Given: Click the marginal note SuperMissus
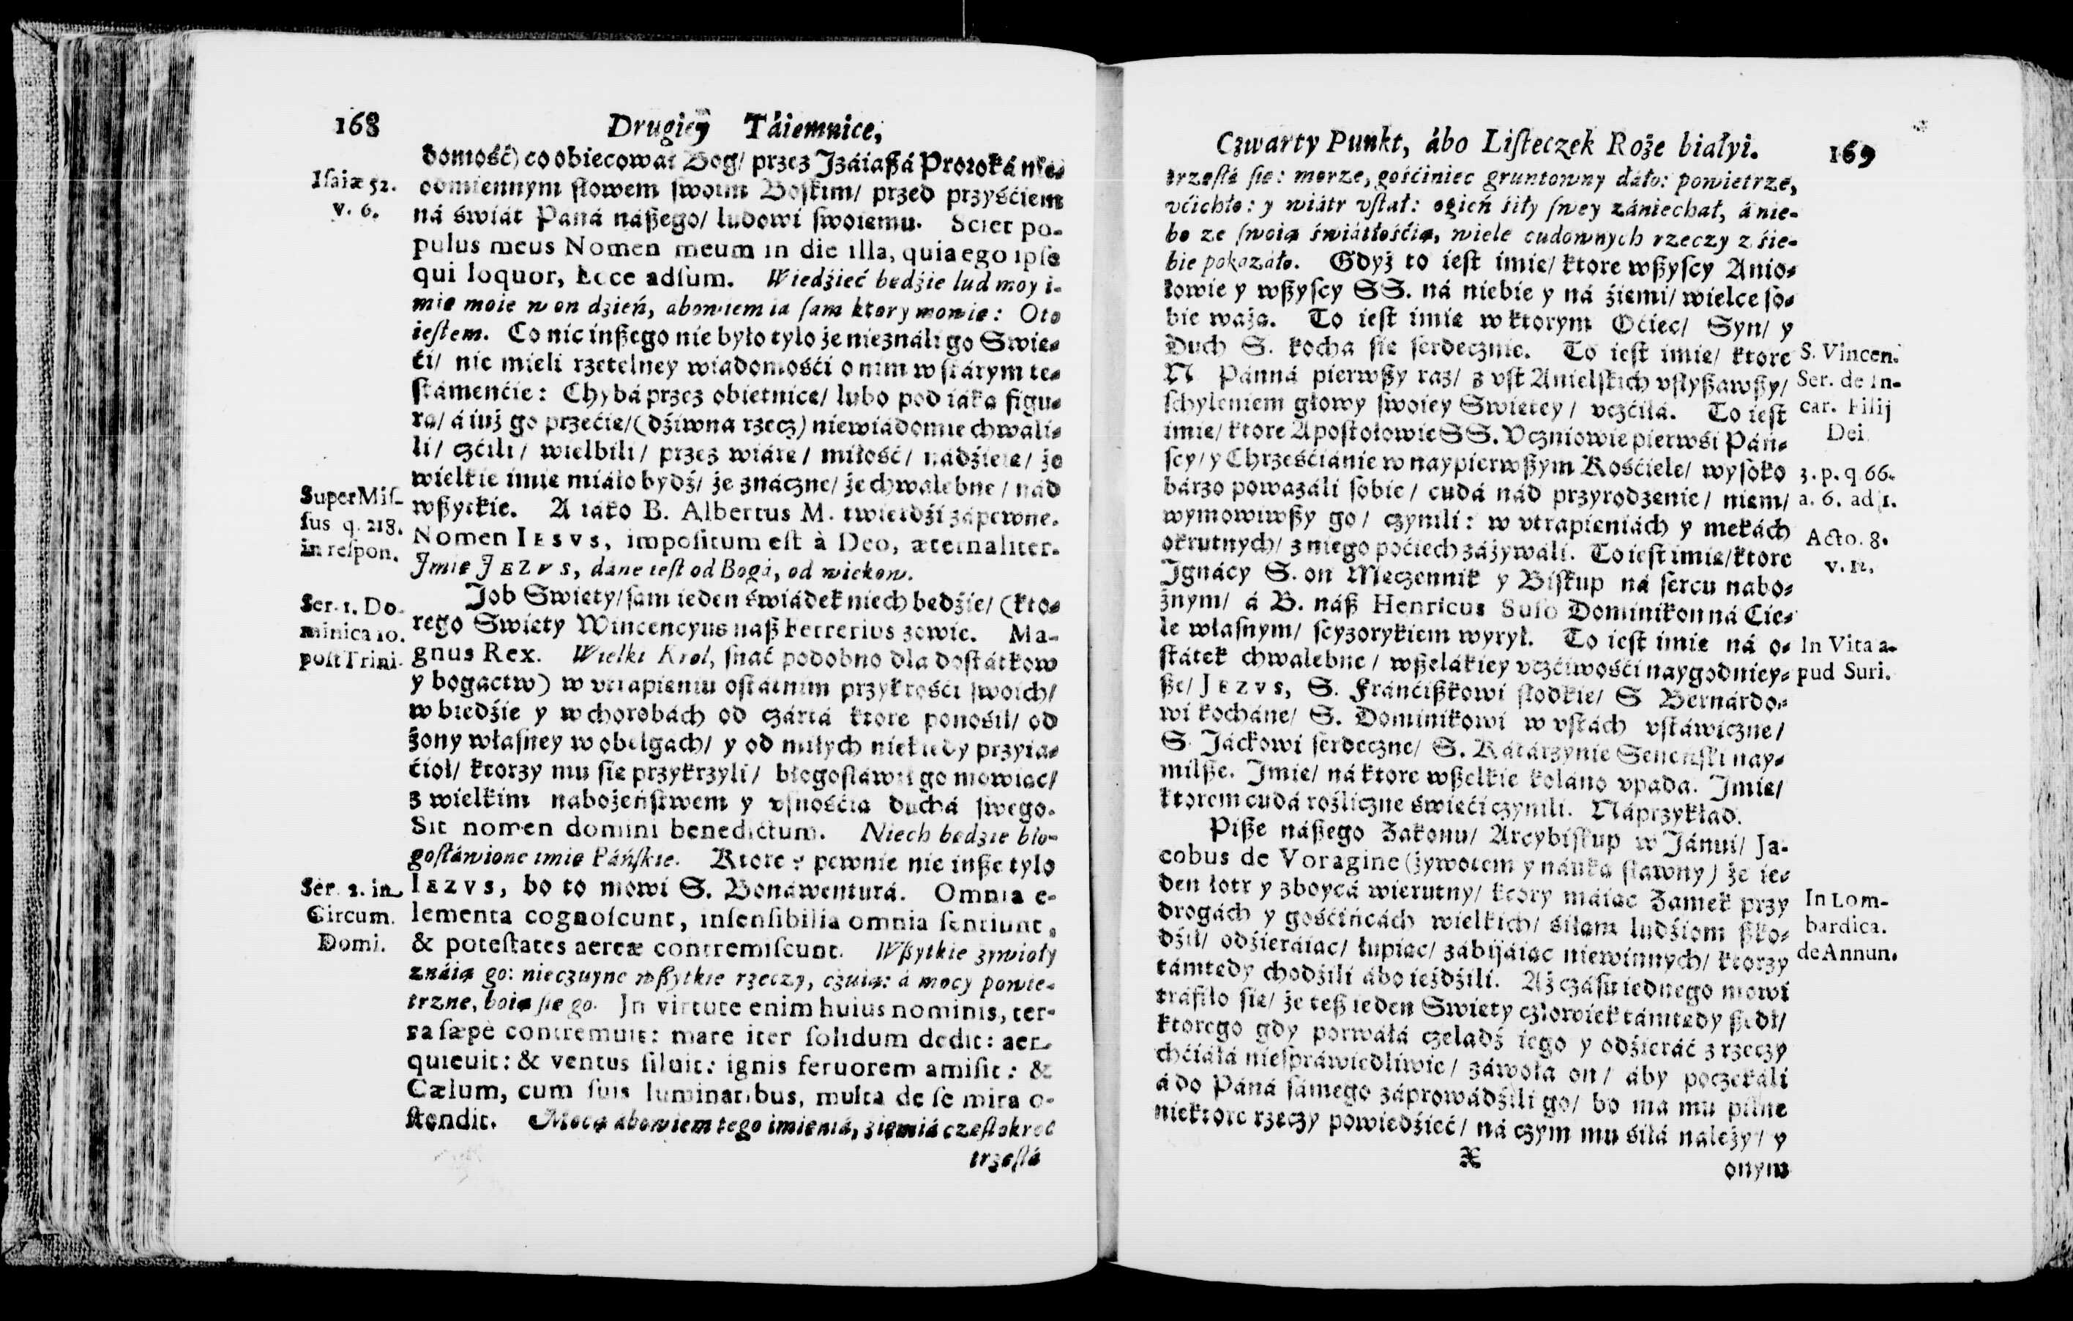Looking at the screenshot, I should pos(348,497).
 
